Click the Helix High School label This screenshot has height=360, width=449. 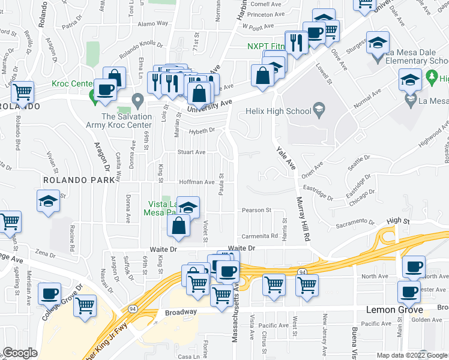point(279,111)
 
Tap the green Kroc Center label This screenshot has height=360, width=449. point(71,83)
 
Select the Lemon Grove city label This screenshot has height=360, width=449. point(394,310)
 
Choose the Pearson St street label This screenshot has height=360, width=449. point(256,211)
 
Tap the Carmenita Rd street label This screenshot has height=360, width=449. point(260,236)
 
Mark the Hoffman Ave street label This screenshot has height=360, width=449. point(197,182)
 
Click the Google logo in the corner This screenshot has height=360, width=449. point(20,353)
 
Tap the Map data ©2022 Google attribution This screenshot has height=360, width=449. point(412,355)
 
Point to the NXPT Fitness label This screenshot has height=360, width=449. point(267,47)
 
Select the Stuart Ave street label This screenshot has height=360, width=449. point(191,152)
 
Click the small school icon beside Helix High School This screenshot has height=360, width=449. point(319,110)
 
